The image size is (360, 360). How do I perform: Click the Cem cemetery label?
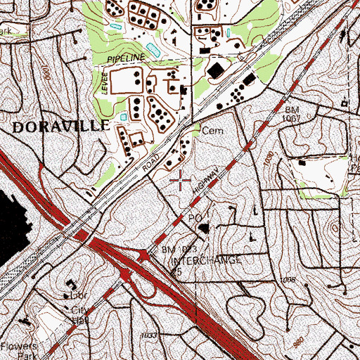point(211,131)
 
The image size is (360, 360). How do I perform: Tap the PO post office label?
point(195,219)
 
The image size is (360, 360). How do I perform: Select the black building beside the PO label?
point(204,228)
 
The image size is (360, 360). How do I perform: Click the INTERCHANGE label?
point(207,260)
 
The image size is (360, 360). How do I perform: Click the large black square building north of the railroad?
point(214,69)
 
